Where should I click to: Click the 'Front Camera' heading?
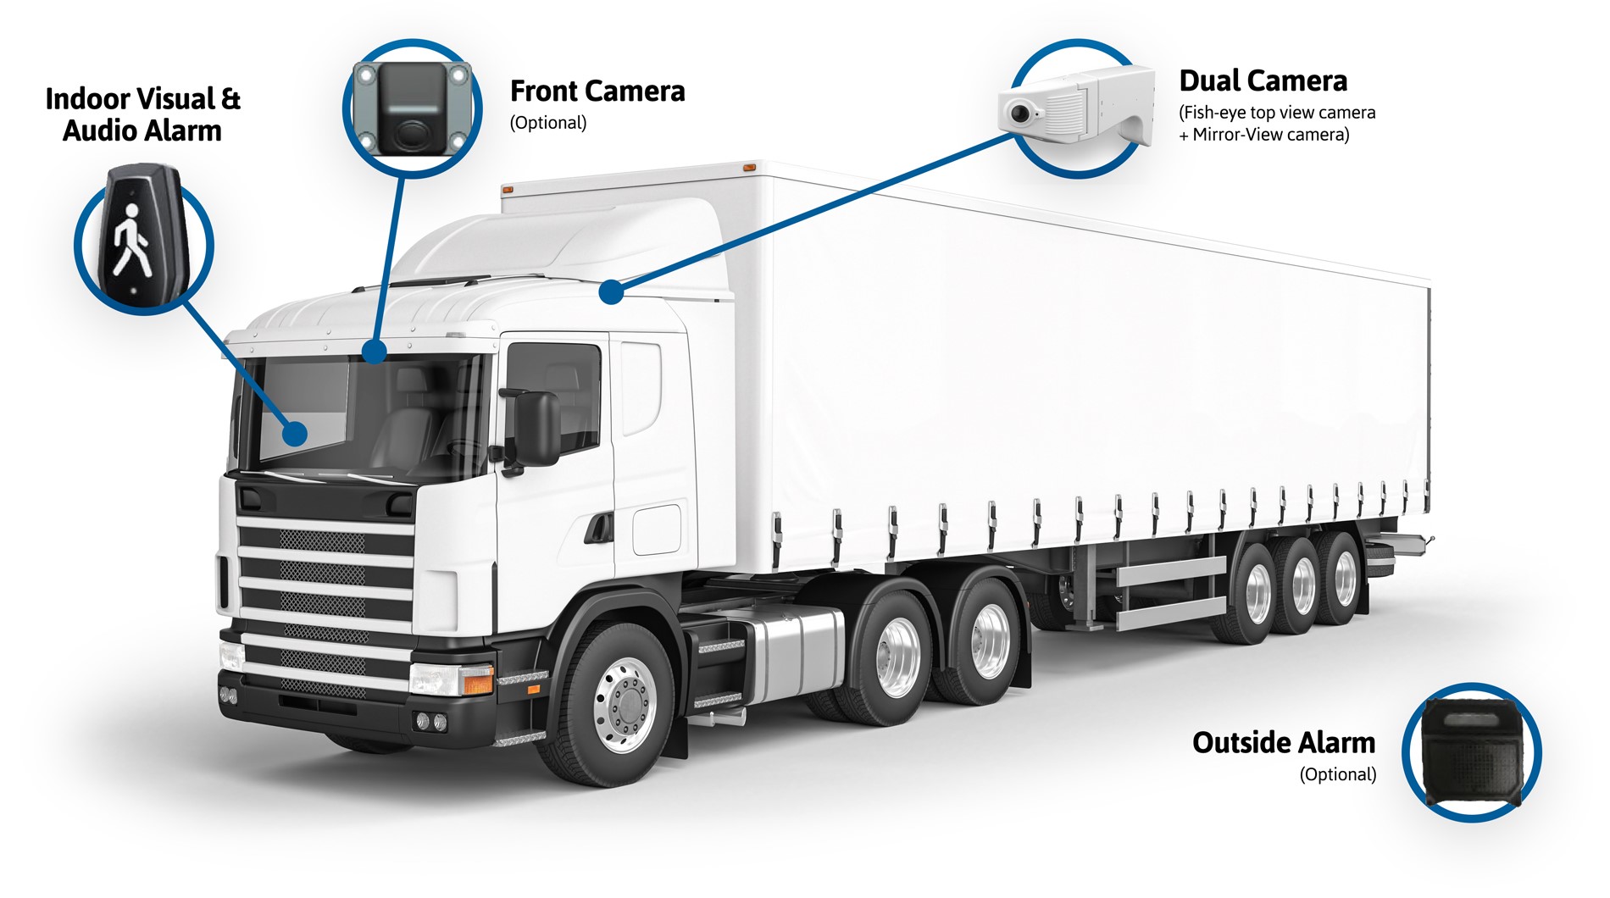[x=597, y=91]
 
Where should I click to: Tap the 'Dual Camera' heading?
[x=1263, y=80]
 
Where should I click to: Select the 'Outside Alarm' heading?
[x=1284, y=742]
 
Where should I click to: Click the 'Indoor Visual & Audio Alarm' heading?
[x=142, y=114]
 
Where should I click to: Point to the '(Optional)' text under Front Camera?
[x=548, y=123]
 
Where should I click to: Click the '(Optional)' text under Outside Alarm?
[x=1338, y=774]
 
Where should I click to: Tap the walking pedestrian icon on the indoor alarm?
[x=132, y=239]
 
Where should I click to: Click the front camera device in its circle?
[x=412, y=108]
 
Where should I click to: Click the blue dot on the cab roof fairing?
[x=611, y=292]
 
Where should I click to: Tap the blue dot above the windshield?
[x=374, y=351]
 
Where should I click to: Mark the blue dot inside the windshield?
[x=294, y=434]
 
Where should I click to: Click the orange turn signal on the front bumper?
[x=478, y=680]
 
